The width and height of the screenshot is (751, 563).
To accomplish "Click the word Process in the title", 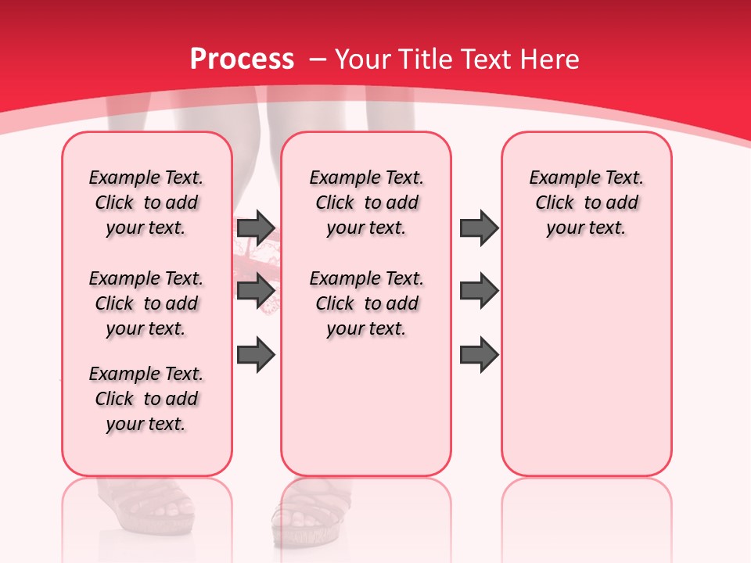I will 242,59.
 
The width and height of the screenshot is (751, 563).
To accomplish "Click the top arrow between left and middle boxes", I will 256,228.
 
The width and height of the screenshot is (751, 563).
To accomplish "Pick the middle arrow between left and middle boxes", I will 256,291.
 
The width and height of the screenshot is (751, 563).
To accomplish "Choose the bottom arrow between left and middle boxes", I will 256,354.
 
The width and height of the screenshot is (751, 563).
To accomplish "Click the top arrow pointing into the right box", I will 479,228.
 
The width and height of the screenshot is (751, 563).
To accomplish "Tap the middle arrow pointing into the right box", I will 479,291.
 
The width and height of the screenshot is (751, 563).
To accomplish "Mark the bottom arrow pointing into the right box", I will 479,354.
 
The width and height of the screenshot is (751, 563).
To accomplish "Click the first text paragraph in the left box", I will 146,203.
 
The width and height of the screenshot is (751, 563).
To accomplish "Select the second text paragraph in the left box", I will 146,303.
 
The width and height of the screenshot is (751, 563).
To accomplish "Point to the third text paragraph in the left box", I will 146,399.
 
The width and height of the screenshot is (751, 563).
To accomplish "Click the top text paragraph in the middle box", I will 366,203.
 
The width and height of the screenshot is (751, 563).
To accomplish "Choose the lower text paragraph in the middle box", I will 366,303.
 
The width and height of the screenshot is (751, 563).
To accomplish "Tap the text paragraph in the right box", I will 586,203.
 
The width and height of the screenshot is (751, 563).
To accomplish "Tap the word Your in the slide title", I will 364,59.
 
